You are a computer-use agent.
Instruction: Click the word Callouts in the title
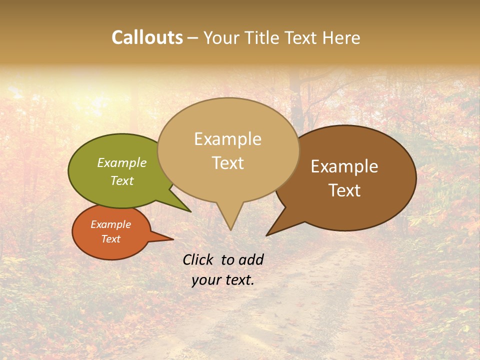147,37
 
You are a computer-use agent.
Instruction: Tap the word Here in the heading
341,37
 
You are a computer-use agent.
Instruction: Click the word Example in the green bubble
122,163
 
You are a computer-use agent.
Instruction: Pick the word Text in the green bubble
122,180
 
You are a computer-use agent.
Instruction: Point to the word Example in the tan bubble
228,139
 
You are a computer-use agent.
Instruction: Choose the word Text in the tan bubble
228,162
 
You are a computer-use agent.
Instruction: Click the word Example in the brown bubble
344,166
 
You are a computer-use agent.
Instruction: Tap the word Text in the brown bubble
344,190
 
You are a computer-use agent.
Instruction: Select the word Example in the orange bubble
111,224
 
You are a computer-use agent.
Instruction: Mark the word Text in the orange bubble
111,239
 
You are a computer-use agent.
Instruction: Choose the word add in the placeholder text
251,259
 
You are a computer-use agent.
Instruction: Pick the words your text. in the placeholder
223,280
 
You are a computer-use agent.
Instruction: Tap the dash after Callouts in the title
193,38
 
